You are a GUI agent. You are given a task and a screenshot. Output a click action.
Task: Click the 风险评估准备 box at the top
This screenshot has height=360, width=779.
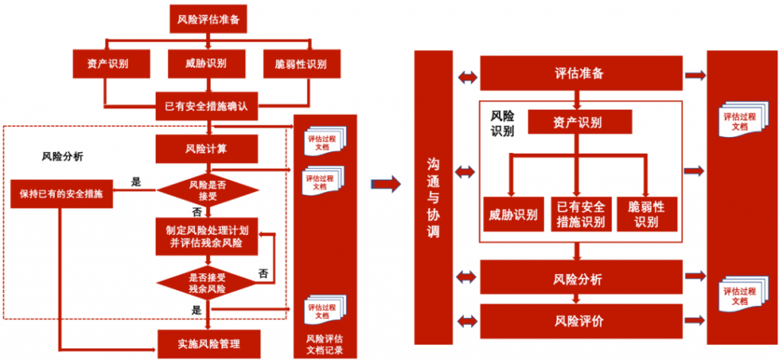tap(208, 19)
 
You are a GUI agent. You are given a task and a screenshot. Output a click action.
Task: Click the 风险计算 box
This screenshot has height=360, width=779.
tap(206, 148)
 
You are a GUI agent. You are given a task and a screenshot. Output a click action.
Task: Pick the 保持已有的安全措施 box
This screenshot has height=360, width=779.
tap(62, 193)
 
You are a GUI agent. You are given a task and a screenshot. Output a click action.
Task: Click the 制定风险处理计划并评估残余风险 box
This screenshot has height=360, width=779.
tap(206, 234)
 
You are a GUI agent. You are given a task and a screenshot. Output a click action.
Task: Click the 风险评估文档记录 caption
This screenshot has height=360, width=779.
tap(324, 345)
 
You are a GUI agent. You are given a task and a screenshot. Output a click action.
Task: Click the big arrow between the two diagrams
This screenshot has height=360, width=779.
tap(386, 183)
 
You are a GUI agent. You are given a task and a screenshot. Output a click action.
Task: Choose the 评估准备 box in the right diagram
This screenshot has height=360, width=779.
tap(580, 74)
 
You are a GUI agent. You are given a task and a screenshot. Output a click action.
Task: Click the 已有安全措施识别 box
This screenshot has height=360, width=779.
tap(580, 215)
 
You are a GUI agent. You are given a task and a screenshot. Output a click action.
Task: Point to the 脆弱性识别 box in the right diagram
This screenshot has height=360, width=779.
tap(647, 215)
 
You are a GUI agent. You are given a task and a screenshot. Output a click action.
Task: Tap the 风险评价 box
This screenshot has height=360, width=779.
tap(580, 320)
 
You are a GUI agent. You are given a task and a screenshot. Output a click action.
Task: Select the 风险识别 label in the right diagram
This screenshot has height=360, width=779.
tap(502, 123)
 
